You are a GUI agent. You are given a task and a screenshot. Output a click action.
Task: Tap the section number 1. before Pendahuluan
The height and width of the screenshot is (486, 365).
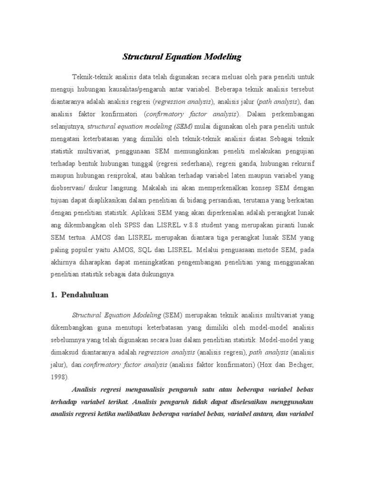click(54, 295)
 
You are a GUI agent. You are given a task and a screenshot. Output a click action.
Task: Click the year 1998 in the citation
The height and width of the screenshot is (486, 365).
click(59, 377)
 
